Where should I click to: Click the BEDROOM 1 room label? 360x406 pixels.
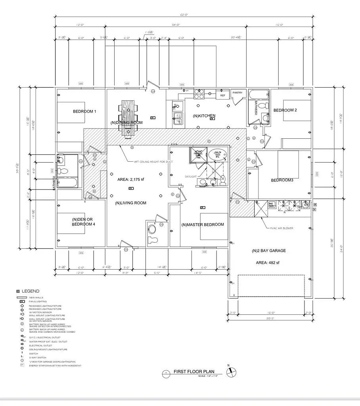84,111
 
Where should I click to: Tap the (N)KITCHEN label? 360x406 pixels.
204,116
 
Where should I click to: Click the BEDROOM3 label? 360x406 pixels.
282,180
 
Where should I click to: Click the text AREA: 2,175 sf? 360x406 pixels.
131,180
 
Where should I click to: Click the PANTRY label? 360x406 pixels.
237,93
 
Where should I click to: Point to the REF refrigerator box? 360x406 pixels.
222,96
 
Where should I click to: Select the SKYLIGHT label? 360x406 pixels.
191,176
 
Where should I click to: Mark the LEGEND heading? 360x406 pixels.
30,291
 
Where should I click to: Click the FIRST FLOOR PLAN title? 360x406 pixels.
194,372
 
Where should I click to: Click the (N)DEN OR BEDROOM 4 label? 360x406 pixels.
83,222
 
